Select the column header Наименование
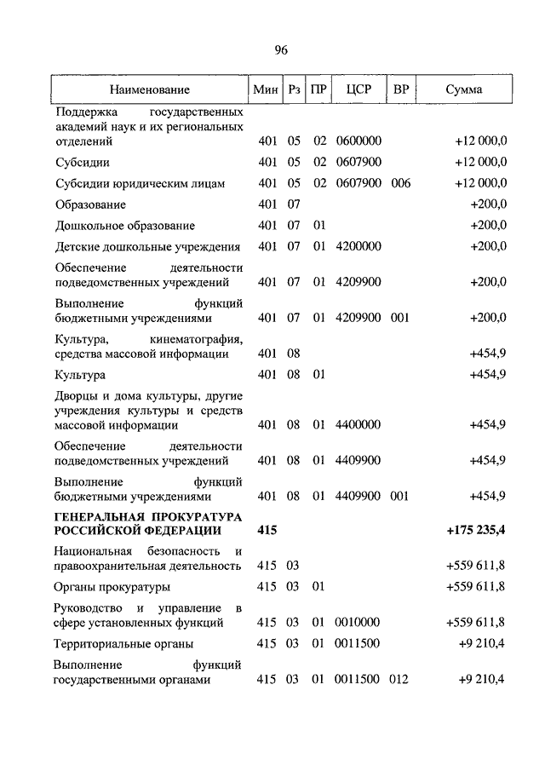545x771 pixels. pos(149,89)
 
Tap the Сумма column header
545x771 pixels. pos(463,89)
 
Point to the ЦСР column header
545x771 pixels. pos(358,89)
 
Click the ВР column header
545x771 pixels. pos(400,89)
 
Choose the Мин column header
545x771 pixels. pos(266,89)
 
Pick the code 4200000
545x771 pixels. pos(358,247)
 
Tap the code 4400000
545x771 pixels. pos(358,424)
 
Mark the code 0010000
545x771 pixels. pos(358,622)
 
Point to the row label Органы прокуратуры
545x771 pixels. pos(112,586)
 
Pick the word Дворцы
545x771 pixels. pos(75,396)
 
